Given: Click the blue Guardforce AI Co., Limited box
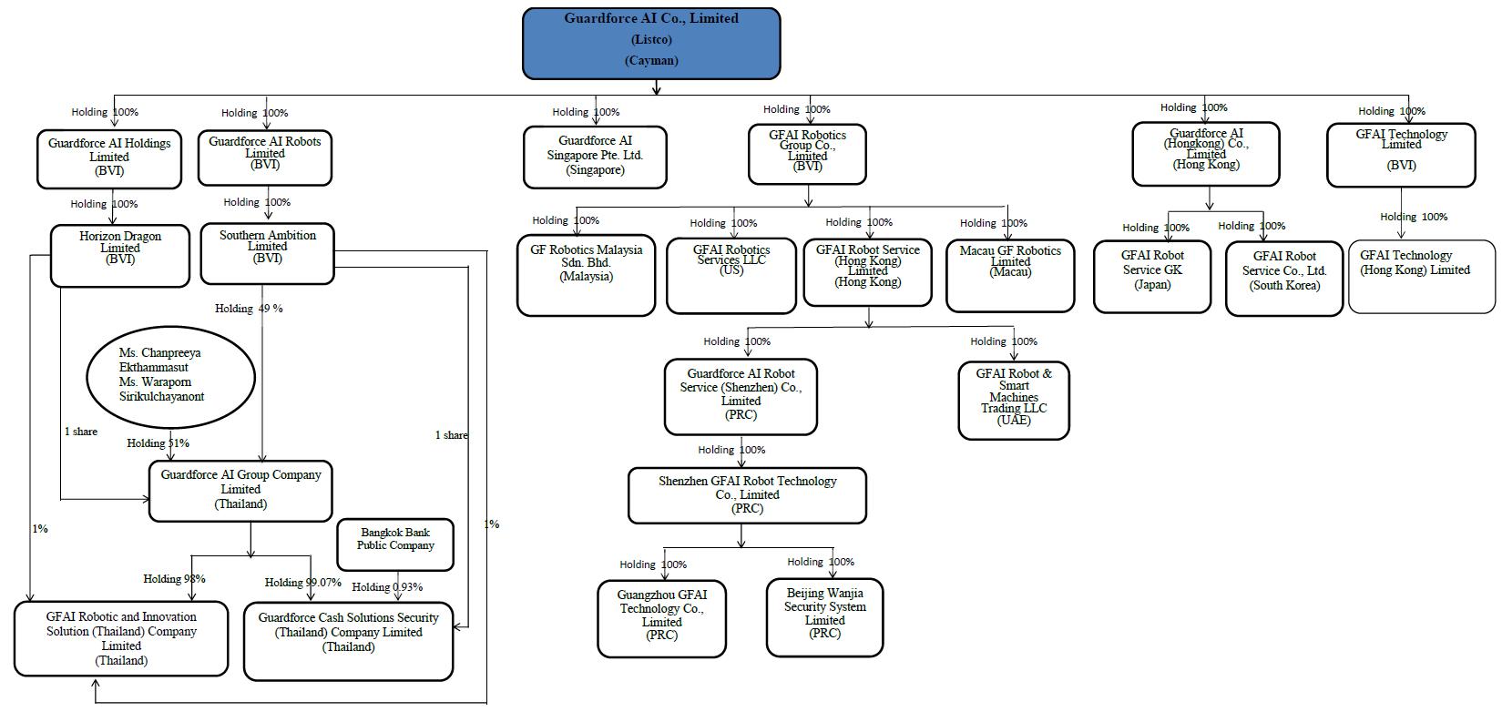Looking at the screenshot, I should point(651,43).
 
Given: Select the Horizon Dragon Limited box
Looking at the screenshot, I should point(120,255).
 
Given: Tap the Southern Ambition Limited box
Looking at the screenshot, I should point(267,253).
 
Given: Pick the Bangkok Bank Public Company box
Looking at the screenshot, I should point(395,544).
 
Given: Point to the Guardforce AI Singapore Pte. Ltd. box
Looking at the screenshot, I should point(595,157).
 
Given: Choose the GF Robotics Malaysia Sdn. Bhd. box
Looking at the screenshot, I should point(586,276).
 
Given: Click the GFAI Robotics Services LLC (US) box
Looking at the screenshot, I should point(731,275).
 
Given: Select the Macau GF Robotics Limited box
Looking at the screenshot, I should point(1009,275).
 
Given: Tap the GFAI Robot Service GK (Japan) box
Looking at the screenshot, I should point(1152,276).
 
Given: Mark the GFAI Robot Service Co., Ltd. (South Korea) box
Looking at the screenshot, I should point(1284,278).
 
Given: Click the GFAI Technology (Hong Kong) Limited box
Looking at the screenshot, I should point(1421,276).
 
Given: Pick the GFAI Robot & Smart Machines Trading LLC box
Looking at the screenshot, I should point(1013,400).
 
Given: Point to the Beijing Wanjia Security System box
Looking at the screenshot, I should point(824,616).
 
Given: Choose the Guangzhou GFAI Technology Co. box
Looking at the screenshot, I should point(662,618).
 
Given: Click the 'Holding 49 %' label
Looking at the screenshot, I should point(249,309).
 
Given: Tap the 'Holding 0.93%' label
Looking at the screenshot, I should point(387,587).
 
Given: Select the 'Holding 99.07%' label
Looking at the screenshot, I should point(303,583).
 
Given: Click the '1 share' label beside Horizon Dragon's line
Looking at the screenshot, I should point(81,432).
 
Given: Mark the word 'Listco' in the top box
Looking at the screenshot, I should point(651,39).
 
